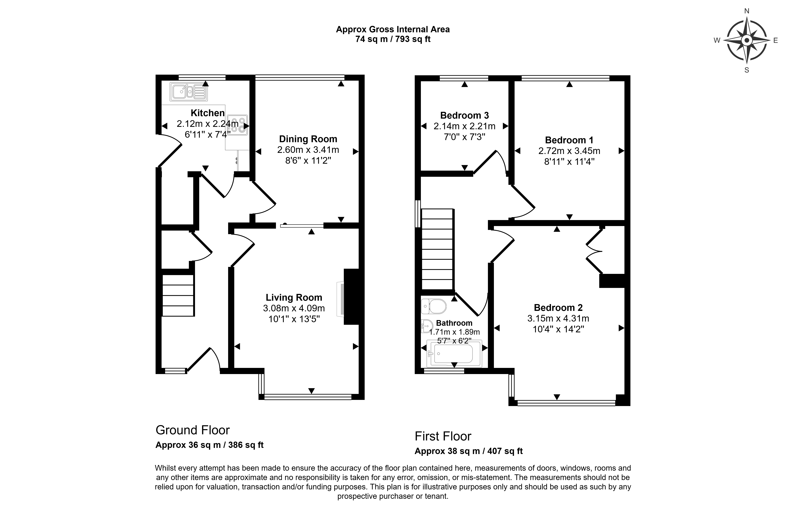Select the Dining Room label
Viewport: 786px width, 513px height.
[x=308, y=139]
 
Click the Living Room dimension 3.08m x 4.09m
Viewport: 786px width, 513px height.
[x=294, y=308]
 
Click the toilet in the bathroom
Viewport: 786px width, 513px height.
[x=434, y=306]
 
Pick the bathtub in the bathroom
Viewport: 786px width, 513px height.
[x=454, y=354]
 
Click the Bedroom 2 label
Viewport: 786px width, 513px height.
[x=558, y=307]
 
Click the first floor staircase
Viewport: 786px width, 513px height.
[x=437, y=249]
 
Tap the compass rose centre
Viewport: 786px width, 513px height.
[x=747, y=41]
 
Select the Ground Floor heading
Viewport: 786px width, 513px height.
[x=193, y=430]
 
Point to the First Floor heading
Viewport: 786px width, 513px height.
[x=443, y=436]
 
